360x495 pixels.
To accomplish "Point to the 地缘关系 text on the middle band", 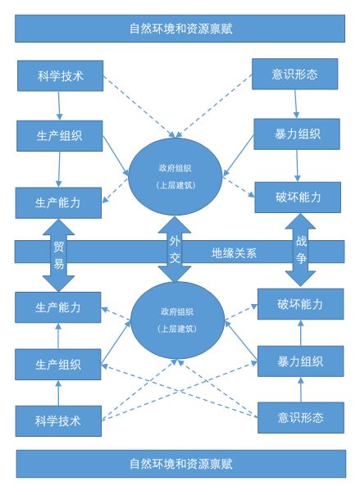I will point(234,252).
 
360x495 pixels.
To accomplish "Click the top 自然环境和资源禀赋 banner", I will point(180,27).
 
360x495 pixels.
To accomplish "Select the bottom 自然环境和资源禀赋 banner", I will point(180,464).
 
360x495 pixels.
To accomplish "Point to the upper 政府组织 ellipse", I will point(175,175).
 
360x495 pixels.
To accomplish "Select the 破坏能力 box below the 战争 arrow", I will point(299,304).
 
